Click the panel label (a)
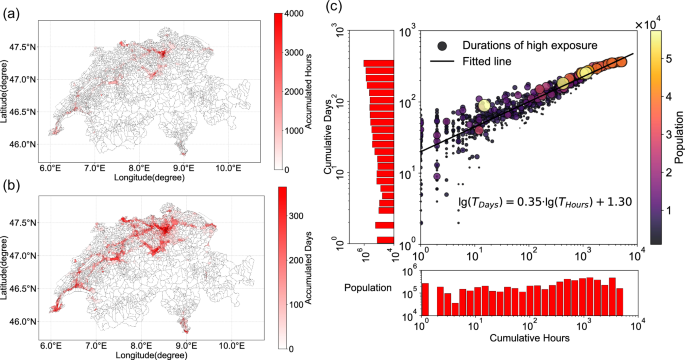(x=15, y=11)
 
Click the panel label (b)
(x=15, y=184)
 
